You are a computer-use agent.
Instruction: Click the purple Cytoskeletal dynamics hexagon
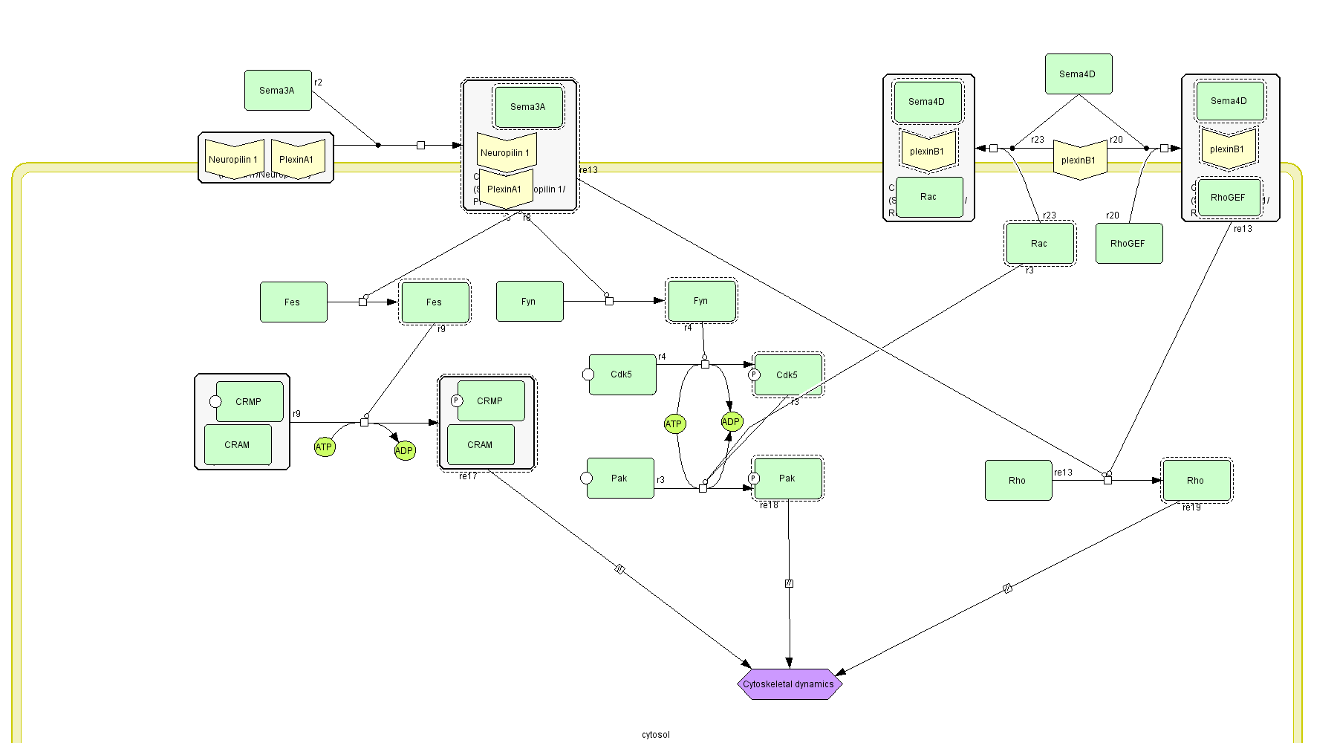[789, 684]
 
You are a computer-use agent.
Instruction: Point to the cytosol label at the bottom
[656, 735]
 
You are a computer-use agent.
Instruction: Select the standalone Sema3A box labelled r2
[278, 90]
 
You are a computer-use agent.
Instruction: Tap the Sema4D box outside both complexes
[1079, 74]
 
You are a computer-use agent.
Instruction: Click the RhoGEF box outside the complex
[1129, 244]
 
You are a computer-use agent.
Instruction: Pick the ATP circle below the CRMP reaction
[325, 447]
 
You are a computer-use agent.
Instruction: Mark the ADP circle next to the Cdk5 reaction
[732, 422]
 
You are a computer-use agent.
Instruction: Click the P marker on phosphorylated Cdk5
[754, 374]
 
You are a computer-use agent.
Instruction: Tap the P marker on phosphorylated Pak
[754, 478]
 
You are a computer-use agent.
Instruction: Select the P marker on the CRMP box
[457, 400]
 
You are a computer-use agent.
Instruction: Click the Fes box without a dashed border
[293, 302]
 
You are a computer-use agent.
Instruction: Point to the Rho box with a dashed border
[1196, 480]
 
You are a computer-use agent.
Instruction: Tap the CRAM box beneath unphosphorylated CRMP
[238, 444]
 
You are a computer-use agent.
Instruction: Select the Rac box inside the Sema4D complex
[929, 197]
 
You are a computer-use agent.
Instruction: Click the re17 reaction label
[468, 476]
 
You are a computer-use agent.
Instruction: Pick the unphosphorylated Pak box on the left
[620, 478]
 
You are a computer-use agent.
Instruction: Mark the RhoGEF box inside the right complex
[1229, 198]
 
